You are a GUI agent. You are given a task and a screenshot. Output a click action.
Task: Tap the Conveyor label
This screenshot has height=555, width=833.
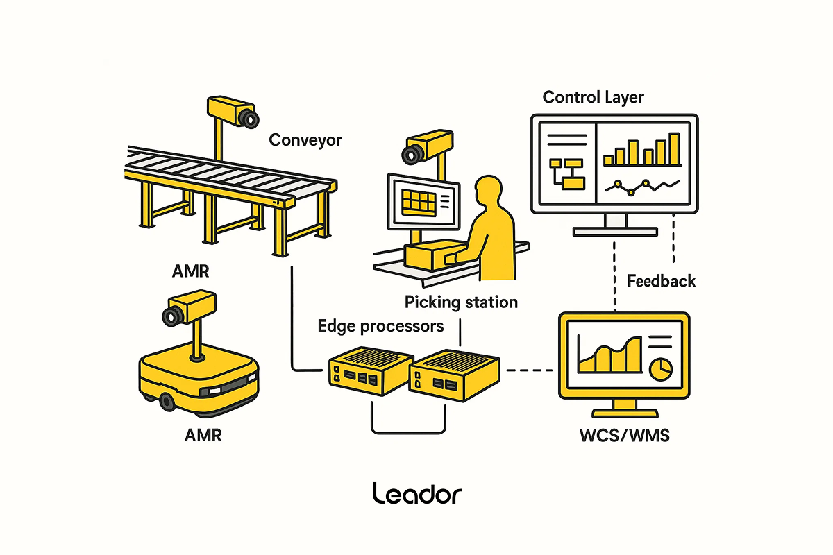coord(305,140)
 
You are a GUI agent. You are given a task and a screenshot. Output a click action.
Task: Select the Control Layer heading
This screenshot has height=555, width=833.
coord(593,96)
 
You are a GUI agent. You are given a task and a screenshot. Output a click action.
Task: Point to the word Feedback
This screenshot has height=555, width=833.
coord(661,281)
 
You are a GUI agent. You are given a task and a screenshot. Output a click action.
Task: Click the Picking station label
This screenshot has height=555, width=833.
coord(461,302)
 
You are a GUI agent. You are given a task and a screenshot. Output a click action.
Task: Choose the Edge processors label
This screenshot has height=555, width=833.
coord(380,325)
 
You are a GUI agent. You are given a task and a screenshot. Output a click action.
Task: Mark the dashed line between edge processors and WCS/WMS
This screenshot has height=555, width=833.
coord(532,370)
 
